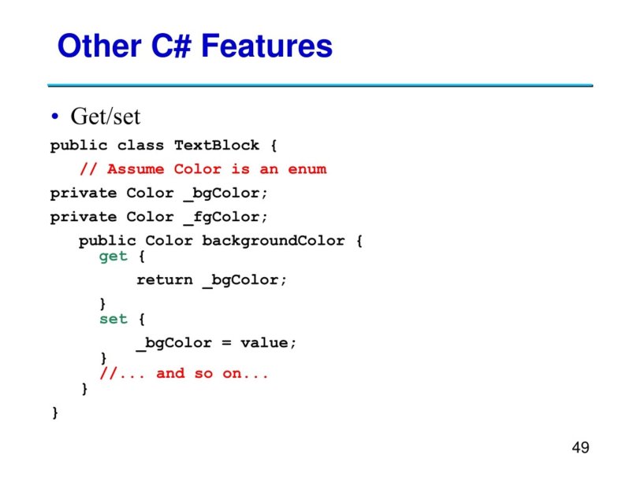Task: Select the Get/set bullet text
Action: (105, 117)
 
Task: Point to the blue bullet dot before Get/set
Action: (55, 118)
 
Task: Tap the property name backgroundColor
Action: (273, 240)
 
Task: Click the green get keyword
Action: (113, 257)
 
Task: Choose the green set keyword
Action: (113, 319)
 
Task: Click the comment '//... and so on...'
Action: (184, 373)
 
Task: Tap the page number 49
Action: (580, 448)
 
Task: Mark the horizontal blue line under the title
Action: (319, 85)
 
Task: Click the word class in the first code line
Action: (140, 146)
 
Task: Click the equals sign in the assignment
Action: (225, 343)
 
